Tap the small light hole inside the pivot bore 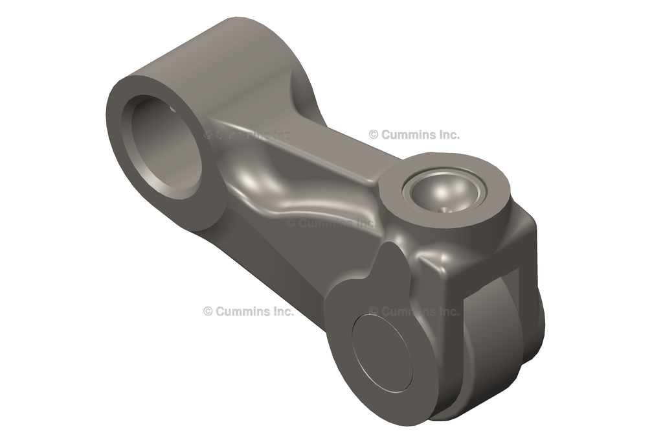click(x=174, y=110)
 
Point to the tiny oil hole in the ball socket click(x=445, y=209)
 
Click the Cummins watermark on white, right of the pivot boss click(x=414, y=135)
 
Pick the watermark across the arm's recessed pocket click(x=330, y=223)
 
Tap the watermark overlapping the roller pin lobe click(x=414, y=311)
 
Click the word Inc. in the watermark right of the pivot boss click(x=447, y=135)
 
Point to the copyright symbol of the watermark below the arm click(x=208, y=311)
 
